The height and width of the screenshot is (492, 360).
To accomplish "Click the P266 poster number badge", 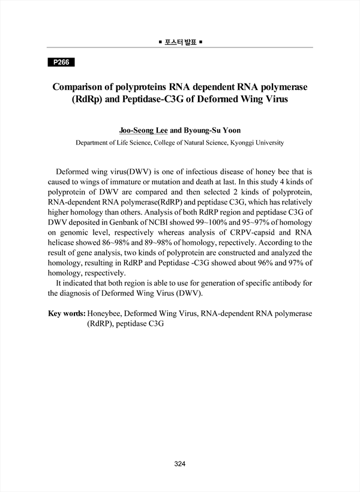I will point(60,62).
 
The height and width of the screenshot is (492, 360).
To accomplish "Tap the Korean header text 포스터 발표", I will point(180,42).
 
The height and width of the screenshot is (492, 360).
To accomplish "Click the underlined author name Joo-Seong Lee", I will point(144,128).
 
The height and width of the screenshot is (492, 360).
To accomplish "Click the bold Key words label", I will point(66,313).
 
